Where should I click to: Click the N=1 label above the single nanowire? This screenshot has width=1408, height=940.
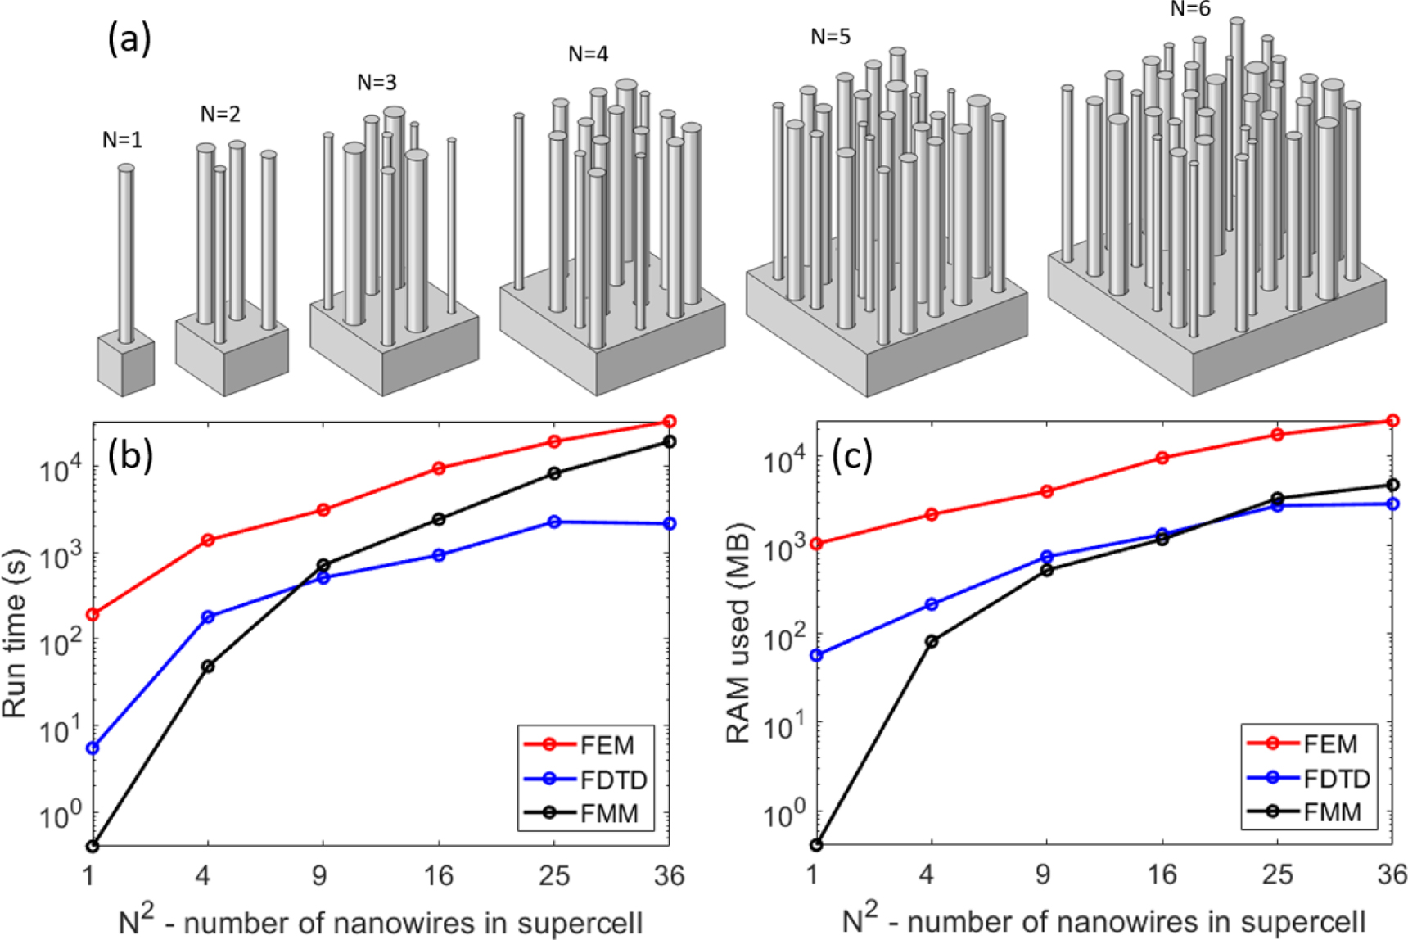coord(122,140)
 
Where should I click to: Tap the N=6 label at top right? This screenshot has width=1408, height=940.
coord(1189,9)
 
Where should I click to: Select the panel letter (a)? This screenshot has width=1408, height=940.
coord(129,38)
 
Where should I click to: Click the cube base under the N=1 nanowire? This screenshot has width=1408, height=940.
coord(126,366)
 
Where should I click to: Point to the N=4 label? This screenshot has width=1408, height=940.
coord(588,54)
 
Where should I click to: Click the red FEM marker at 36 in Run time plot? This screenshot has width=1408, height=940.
coord(669,422)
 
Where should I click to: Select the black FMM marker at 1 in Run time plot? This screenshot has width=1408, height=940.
coord(93,845)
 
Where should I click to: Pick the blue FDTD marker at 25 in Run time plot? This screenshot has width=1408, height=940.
coord(554,522)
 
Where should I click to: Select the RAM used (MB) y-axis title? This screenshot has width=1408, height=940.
coord(738,633)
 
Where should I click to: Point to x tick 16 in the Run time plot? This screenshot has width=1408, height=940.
coord(438,876)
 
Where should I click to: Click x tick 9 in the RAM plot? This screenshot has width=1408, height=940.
coord(1043,875)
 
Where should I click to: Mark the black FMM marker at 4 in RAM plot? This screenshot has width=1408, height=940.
coord(931,641)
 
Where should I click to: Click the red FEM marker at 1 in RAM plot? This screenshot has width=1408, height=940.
coord(816,544)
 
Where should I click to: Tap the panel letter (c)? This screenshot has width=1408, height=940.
coord(851,455)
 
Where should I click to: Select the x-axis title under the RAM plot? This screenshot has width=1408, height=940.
coord(1103,921)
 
